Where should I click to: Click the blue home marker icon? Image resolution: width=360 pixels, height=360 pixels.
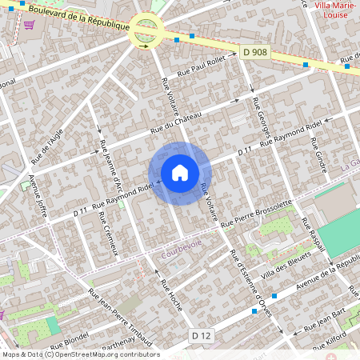pos(179,172)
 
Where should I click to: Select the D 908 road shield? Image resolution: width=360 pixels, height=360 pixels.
pos(254,52)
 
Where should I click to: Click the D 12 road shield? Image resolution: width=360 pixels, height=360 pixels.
pos(201,335)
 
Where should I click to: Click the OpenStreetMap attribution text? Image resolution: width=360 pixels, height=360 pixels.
pos(80,354)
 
